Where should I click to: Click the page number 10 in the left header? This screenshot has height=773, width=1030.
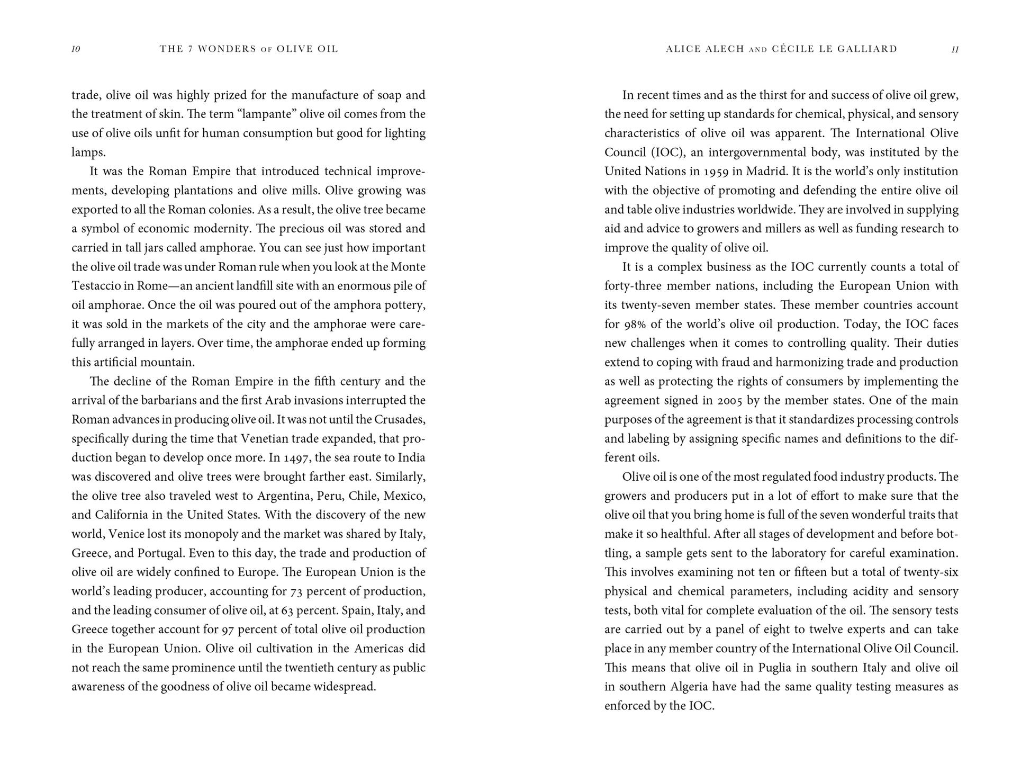(x=76, y=49)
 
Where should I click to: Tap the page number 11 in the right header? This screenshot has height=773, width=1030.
(x=955, y=49)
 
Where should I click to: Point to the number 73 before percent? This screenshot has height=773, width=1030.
(x=295, y=591)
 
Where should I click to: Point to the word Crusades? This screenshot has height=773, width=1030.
(x=400, y=419)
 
